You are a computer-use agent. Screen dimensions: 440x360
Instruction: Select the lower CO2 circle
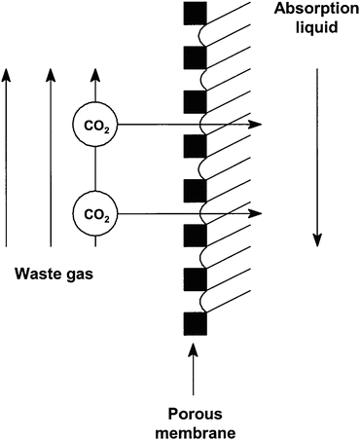(x=94, y=212)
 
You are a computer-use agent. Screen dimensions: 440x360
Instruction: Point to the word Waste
(x=36, y=275)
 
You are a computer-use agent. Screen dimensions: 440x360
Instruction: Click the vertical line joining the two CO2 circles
(x=94, y=167)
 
